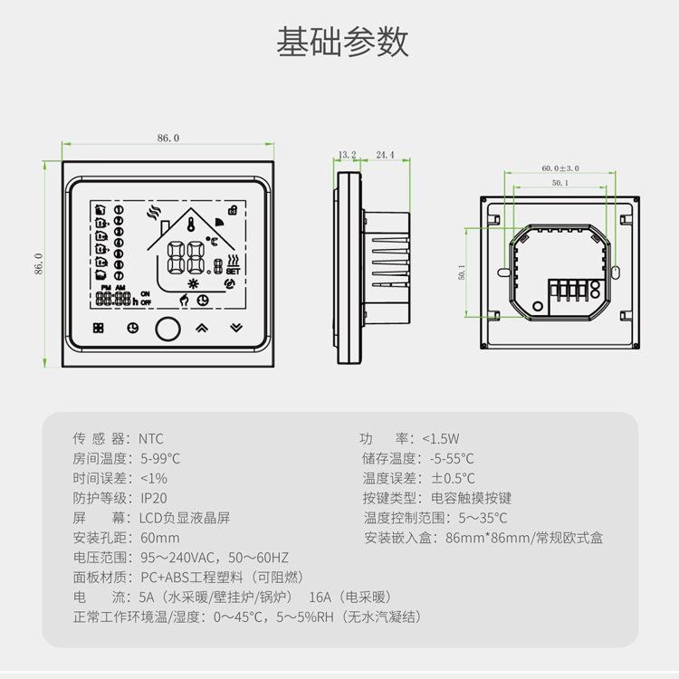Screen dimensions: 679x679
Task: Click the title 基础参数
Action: click(x=342, y=42)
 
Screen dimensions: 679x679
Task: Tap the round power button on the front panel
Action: click(x=167, y=329)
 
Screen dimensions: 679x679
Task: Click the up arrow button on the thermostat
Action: click(x=201, y=328)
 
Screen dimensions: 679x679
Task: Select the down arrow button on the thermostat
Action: click(x=236, y=328)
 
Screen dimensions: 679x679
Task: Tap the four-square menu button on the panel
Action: click(x=99, y=328)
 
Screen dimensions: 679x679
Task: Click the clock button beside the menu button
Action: click(x=132, y=328)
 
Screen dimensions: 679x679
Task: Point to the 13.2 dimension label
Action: click(x=347, y=155)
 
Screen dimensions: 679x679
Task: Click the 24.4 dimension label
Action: click(x=385, y=155)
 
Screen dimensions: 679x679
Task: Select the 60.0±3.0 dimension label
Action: click(x=559, y=168)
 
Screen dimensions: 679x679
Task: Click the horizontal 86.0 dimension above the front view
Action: click(x=168, y=138)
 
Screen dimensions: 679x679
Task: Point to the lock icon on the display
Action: click(x=233, y=210)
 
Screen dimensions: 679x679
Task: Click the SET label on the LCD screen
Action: click(x=233, y=271)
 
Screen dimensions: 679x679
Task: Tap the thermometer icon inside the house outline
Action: click(x=191, y=224)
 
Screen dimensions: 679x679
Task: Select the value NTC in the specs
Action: click(x=151, y=439)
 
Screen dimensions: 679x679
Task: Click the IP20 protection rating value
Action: click(x=154, y=498)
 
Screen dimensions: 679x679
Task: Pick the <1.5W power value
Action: click(x=441, y=439)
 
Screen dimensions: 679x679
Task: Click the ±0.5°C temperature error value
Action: click(x=453, y=478)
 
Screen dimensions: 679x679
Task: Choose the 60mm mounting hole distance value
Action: click(x=159, y=538)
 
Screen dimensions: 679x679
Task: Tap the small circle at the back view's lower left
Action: click(x=538, y=306)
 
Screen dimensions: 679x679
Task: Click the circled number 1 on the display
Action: click(x=119, y=210)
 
